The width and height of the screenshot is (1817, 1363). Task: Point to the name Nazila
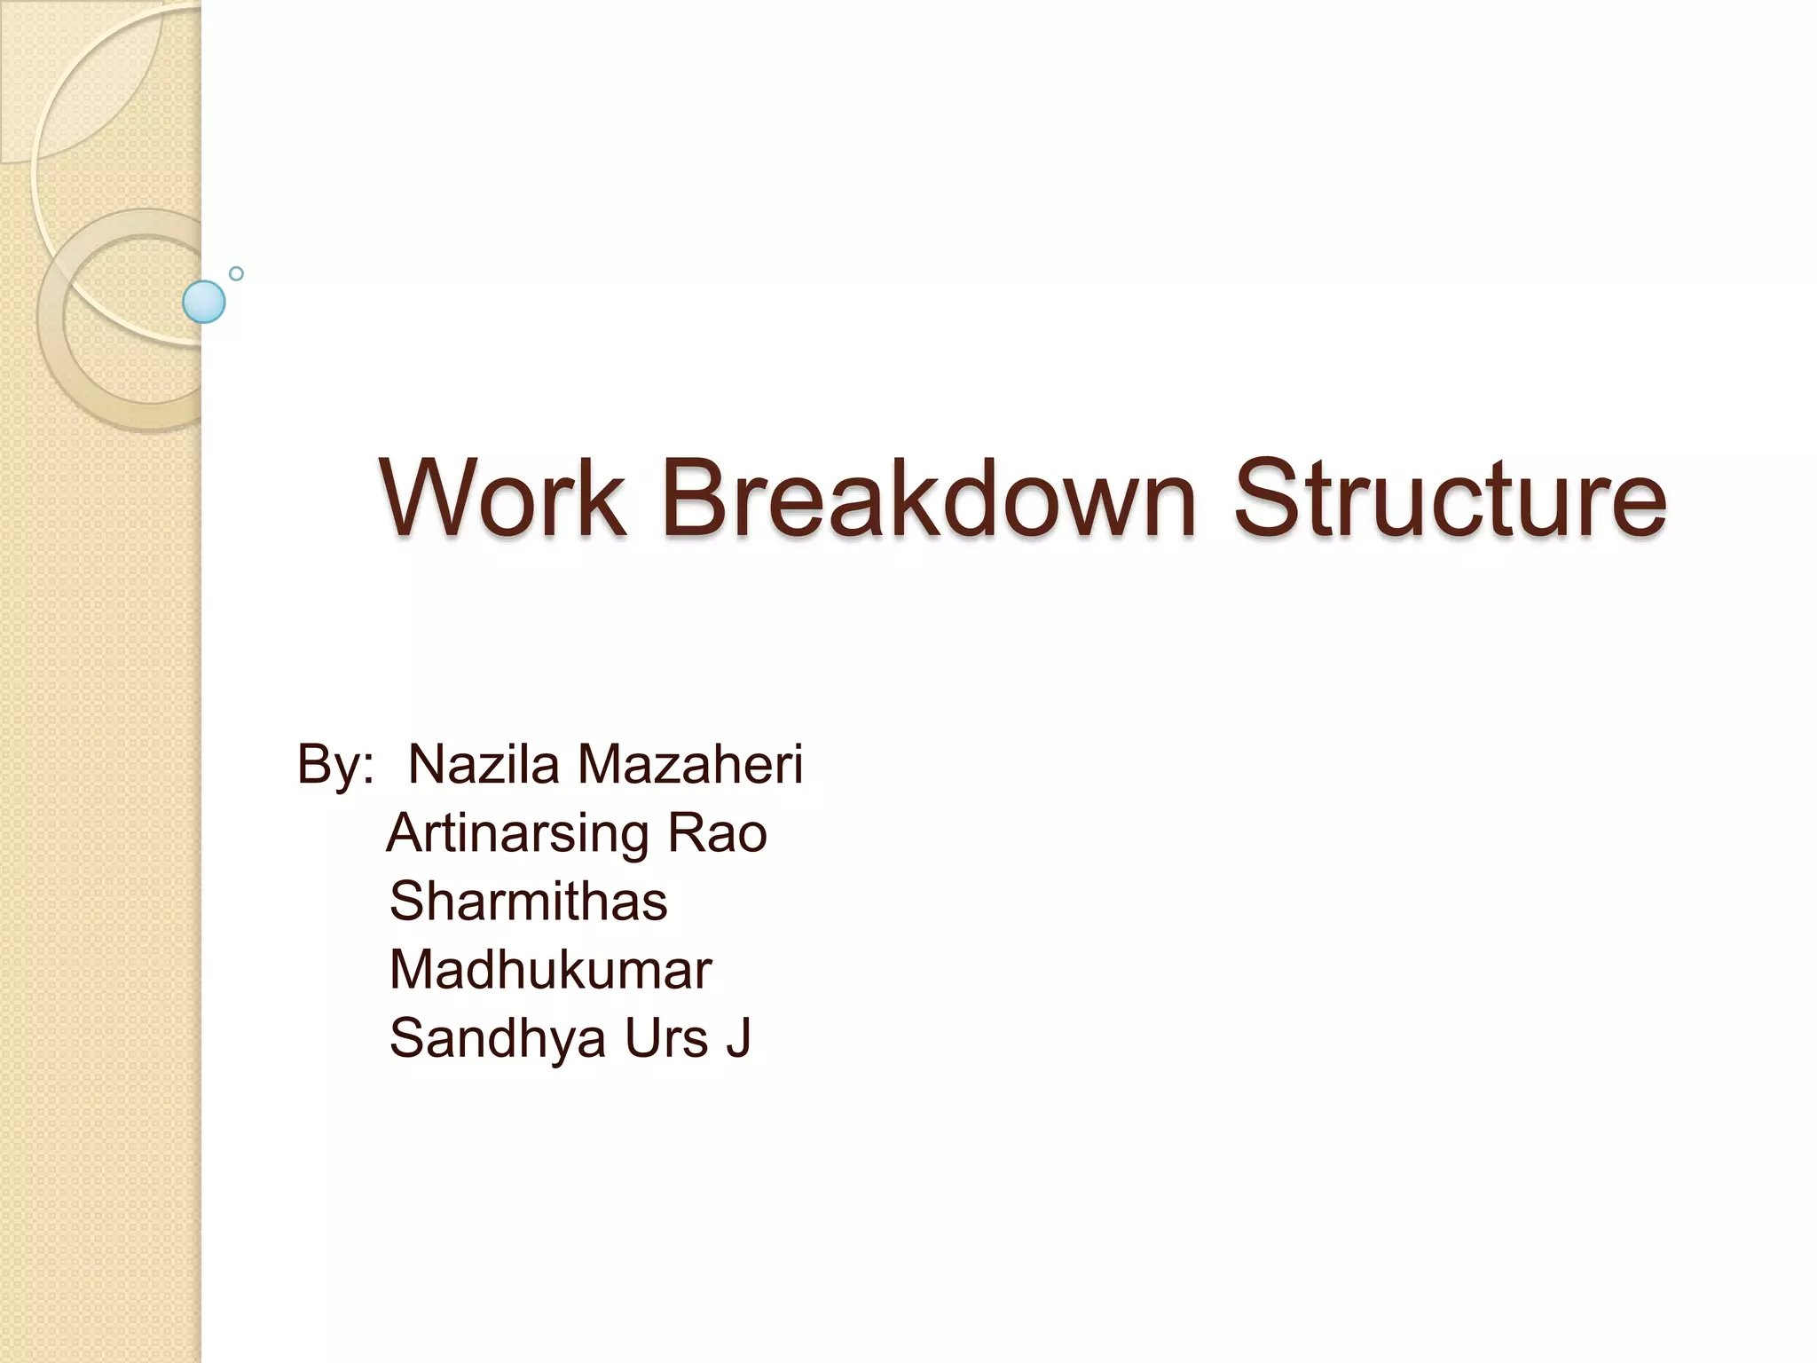(x=484, y=764)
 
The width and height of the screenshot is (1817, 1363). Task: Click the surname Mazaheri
(x=690, y=764)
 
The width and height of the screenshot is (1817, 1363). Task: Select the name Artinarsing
(x=518, y=834)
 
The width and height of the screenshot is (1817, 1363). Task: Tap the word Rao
(x=717, y=834)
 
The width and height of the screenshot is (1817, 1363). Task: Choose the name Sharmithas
(x=529, y=902)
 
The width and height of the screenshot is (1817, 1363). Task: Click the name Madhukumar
(x=550, y=970)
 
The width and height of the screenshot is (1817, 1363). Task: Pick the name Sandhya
(x=497, y=1039)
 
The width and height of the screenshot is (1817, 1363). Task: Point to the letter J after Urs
(x=739, y=1038)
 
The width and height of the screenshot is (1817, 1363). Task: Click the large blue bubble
(x=204, y=302)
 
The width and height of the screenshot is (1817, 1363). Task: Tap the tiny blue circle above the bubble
(x=236, y=273)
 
